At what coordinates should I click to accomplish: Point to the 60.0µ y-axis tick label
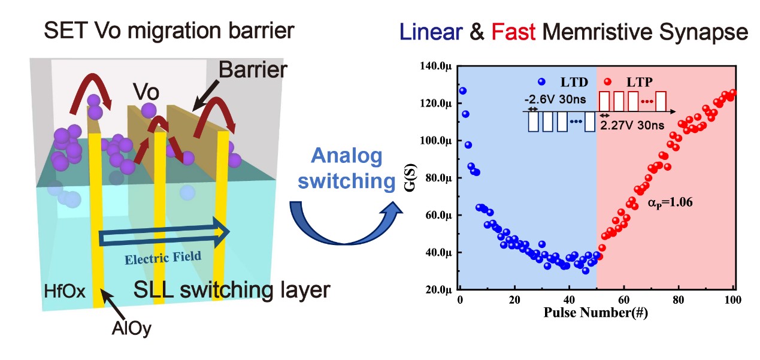435,215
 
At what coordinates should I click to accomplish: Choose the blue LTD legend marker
542,81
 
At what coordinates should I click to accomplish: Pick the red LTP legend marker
608,81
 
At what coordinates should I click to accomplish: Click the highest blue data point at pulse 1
462,91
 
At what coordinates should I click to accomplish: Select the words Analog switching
347,168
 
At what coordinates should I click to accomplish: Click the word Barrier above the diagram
252,70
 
